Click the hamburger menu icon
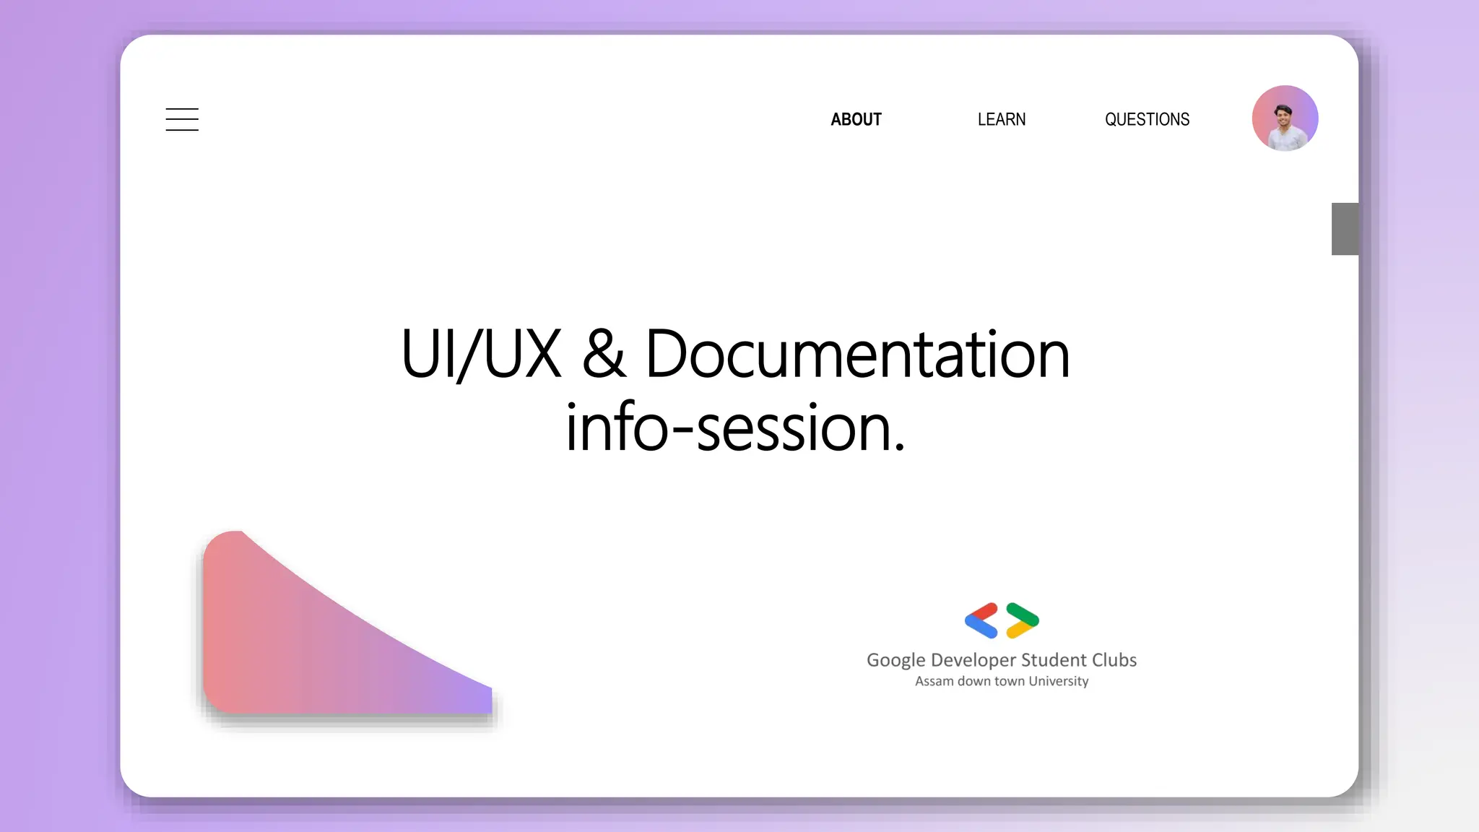[x=182, y=119]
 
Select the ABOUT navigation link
[x=856, y=119]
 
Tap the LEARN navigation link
[x=1002, y=119]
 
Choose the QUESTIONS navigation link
[x=1147, y=119]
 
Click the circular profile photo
[x=1285, y=118]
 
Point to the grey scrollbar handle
[x=1345, y=229]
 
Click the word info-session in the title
[x=726, y=428]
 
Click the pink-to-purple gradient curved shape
[x=303, y=643]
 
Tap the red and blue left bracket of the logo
[x=981, y=620]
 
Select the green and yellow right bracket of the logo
[x=1023, y=620]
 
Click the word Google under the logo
[x=895, y=660]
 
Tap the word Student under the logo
[x=1054, y=660]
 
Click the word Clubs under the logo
[x=1114, y=660]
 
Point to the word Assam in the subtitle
[x=934, y=681]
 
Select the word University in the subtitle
[x=1059, y=681]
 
